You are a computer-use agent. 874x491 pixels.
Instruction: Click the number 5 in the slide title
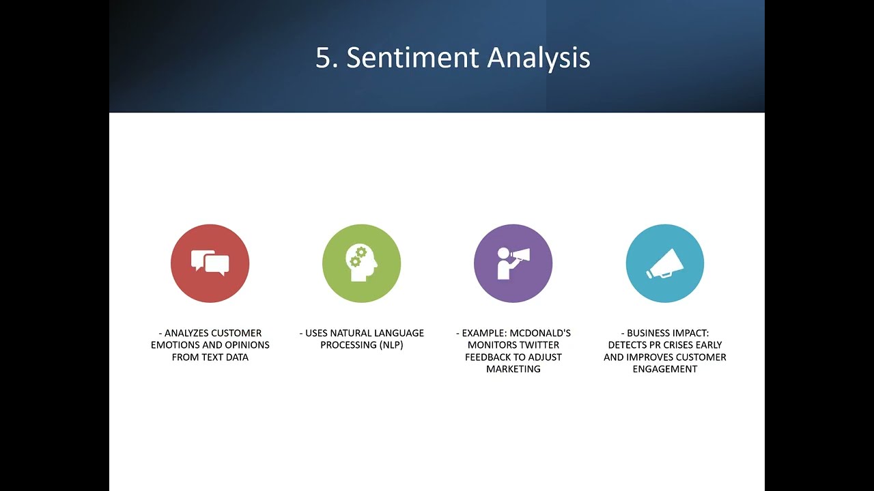tap(324, 58)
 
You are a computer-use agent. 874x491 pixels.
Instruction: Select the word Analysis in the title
tap(539, 59)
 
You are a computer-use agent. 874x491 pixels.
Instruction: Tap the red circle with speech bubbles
tap(210, 263)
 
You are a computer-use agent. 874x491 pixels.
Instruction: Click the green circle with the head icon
tap(362, 263)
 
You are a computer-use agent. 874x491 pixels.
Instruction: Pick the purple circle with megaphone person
tap(513, 263)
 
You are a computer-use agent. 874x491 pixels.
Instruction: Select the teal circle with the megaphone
tap(665, 263)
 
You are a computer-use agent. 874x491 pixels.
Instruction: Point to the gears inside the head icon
tap(358, 256)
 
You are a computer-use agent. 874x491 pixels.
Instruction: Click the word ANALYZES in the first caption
tap(186, 333)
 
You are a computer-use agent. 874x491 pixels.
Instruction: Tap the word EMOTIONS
tap(175, 345)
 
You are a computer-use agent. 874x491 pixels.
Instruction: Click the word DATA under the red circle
tap(237, 357)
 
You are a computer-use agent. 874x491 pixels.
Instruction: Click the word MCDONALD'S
tap(540, 333)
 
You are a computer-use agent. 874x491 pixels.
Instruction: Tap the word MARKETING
tap(513, 369)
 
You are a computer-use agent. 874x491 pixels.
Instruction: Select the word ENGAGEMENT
tap(665, 369)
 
